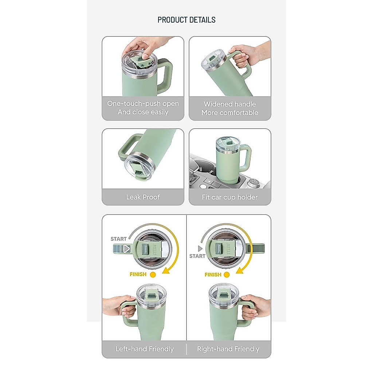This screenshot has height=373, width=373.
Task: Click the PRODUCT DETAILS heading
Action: coord(186,20)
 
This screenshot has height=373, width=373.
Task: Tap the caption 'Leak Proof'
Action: coord(143,197)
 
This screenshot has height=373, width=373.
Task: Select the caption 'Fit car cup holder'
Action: coord(230,197)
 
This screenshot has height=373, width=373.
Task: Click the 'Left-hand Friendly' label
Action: coord(145,349)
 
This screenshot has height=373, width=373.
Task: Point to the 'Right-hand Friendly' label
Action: coord(228,349)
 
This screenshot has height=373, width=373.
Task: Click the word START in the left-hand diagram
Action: coord(118,239)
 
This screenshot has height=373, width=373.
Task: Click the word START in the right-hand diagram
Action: coord(197,256)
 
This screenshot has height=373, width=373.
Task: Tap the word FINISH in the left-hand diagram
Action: coord(138,274)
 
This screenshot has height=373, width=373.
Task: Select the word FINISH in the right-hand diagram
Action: coord(213,275)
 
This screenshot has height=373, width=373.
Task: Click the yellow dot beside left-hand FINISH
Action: coord(153,275)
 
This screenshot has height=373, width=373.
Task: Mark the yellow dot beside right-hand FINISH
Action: coord(227,275)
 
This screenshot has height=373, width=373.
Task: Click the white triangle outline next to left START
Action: coord(126,249)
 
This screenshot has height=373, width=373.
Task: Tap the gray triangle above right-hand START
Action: coord(200,248)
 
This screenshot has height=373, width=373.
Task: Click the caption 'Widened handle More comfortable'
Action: coord(230,108)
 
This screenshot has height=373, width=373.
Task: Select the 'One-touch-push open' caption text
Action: coord(143,104)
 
